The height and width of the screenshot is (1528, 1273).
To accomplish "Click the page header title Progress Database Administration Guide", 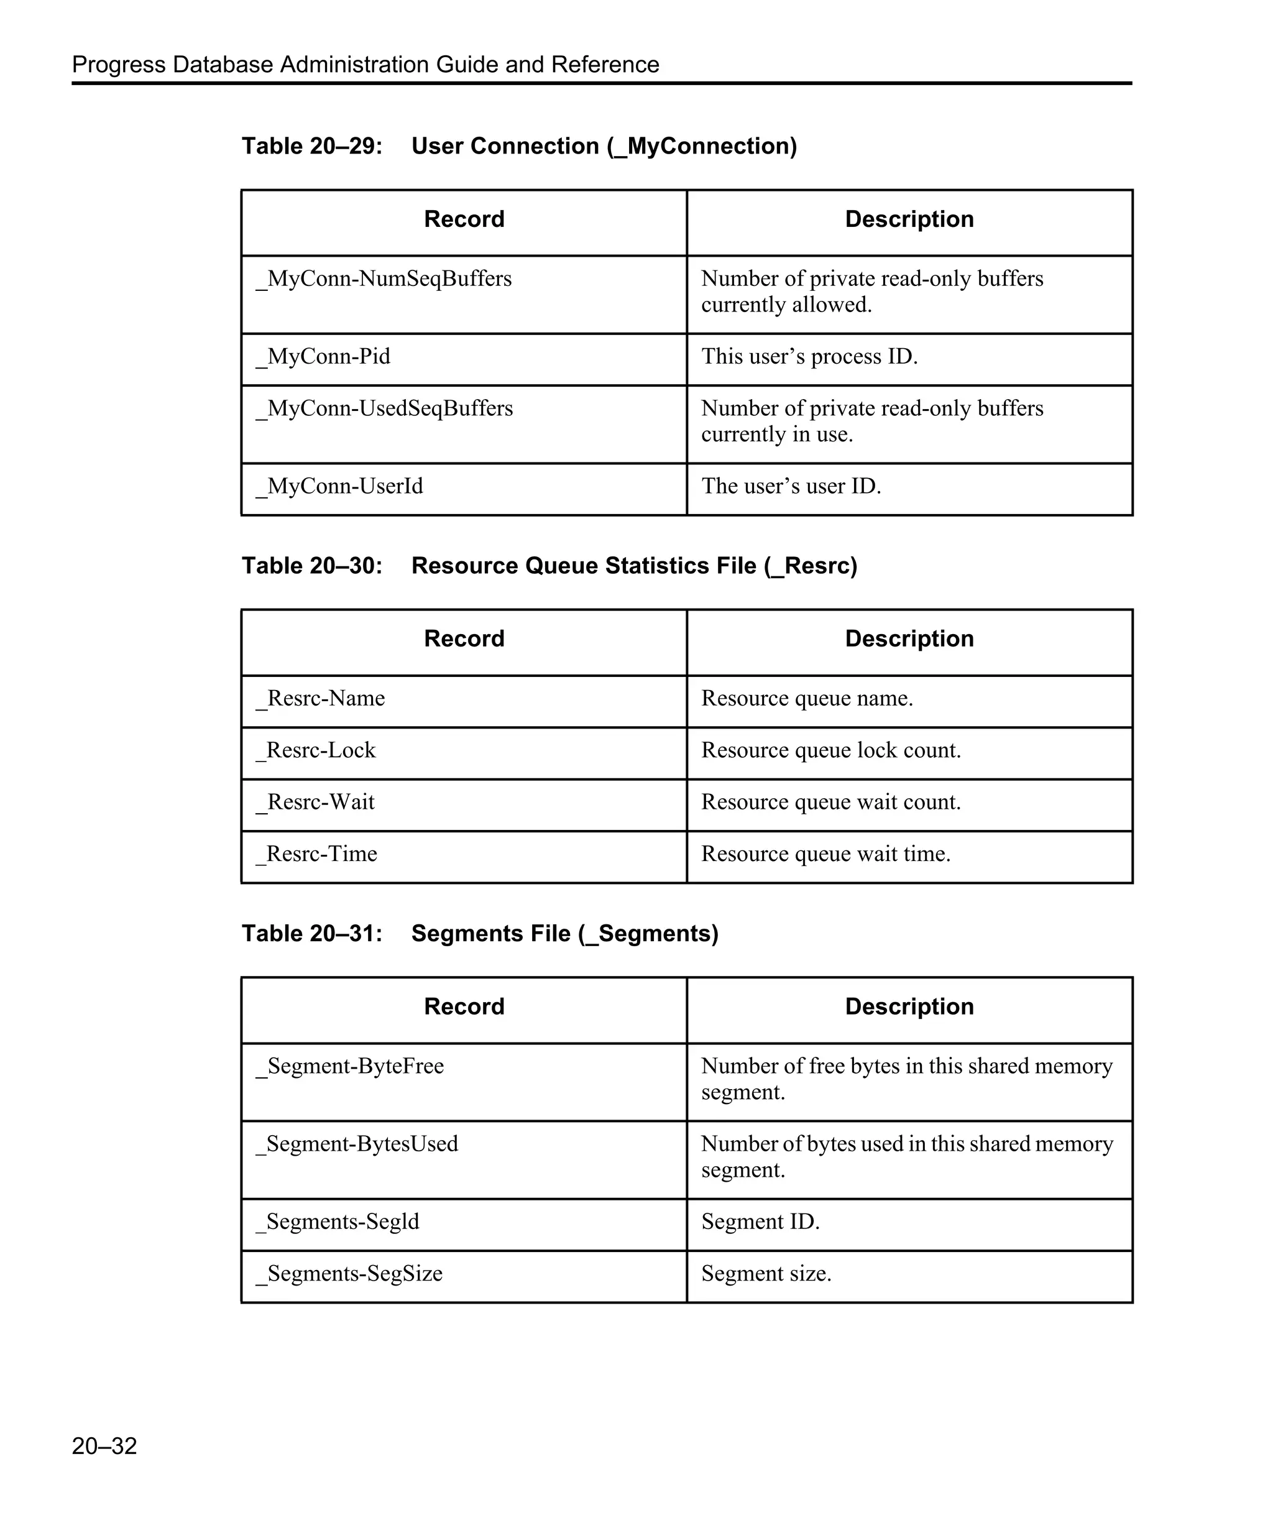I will coord(365,65).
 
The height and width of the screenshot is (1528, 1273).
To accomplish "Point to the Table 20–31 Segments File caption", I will coord(479,933).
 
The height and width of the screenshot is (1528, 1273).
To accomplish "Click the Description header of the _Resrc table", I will coord(909,639).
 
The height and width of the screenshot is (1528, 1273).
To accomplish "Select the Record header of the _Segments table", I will coord(464,1006).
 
